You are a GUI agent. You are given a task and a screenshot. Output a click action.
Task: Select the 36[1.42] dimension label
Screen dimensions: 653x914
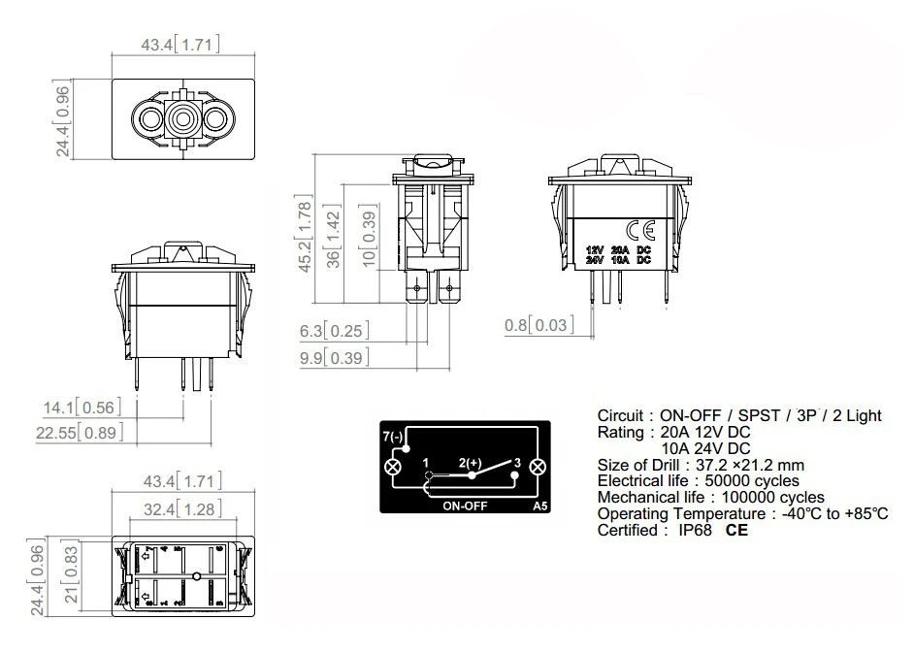(336, 238)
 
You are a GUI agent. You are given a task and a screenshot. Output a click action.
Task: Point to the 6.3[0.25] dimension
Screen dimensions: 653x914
(334, 332)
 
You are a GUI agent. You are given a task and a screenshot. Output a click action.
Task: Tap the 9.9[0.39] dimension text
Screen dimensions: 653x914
(334, 358)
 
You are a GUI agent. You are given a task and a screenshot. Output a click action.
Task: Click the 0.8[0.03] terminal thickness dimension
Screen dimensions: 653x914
(540, 325)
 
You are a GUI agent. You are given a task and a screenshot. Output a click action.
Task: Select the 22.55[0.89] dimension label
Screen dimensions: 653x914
(81, 434)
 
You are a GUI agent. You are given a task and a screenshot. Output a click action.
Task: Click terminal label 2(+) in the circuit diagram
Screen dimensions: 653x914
(471, 464)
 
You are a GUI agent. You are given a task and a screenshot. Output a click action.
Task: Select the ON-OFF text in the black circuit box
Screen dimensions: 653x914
(464, 506)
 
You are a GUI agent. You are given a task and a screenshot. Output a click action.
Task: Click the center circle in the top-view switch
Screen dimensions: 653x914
(182, 120)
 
